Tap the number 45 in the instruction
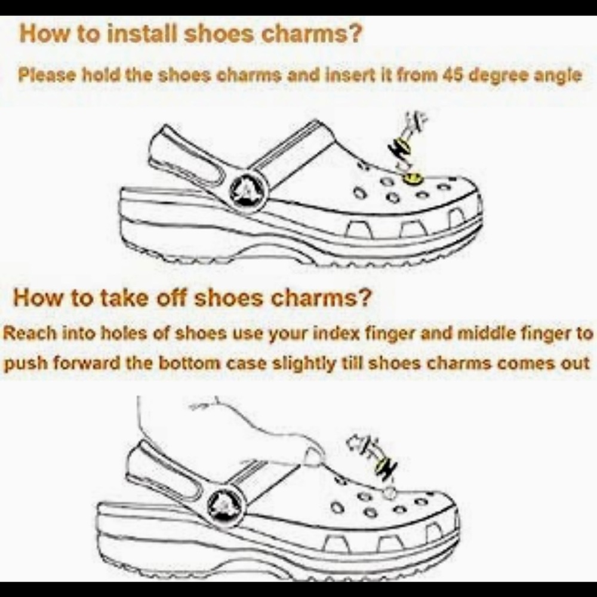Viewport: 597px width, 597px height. click(453, 75)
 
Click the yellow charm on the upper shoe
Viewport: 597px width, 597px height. click(413, 178)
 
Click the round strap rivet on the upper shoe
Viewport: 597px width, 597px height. click(248, 189)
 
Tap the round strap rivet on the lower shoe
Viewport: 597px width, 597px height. click(224, 505)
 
